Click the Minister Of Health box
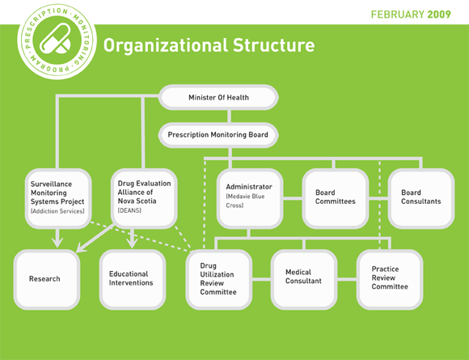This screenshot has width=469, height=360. pos(218,97)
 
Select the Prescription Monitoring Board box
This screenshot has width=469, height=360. pos(218,135)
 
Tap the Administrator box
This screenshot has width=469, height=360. pos(250,199)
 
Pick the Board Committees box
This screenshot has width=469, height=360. pos(336,199)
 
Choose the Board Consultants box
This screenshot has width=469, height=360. pos(421,199)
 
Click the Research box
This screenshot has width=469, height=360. pos(47,279)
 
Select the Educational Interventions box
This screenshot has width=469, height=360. pos(133,279)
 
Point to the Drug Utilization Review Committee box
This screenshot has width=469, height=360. pos(218,279)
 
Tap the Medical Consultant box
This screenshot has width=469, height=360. pos(304,279)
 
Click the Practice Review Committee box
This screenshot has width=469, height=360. pos(390,279)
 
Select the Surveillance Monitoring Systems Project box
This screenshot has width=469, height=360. pos(58,199)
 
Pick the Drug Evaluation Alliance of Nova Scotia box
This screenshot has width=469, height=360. pos(144,199)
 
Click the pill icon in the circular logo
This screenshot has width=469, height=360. pos(56,39)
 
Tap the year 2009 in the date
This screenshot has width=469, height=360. pos(439,15)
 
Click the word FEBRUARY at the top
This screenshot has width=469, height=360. pos(398,15)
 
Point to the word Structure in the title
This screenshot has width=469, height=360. pos(273,45)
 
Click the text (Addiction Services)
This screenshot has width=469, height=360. pos(57,211)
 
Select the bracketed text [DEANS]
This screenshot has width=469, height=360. pos(129,210)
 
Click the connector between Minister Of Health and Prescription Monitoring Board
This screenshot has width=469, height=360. pos(230,116)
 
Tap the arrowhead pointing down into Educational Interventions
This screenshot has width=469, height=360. pos(132,242)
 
